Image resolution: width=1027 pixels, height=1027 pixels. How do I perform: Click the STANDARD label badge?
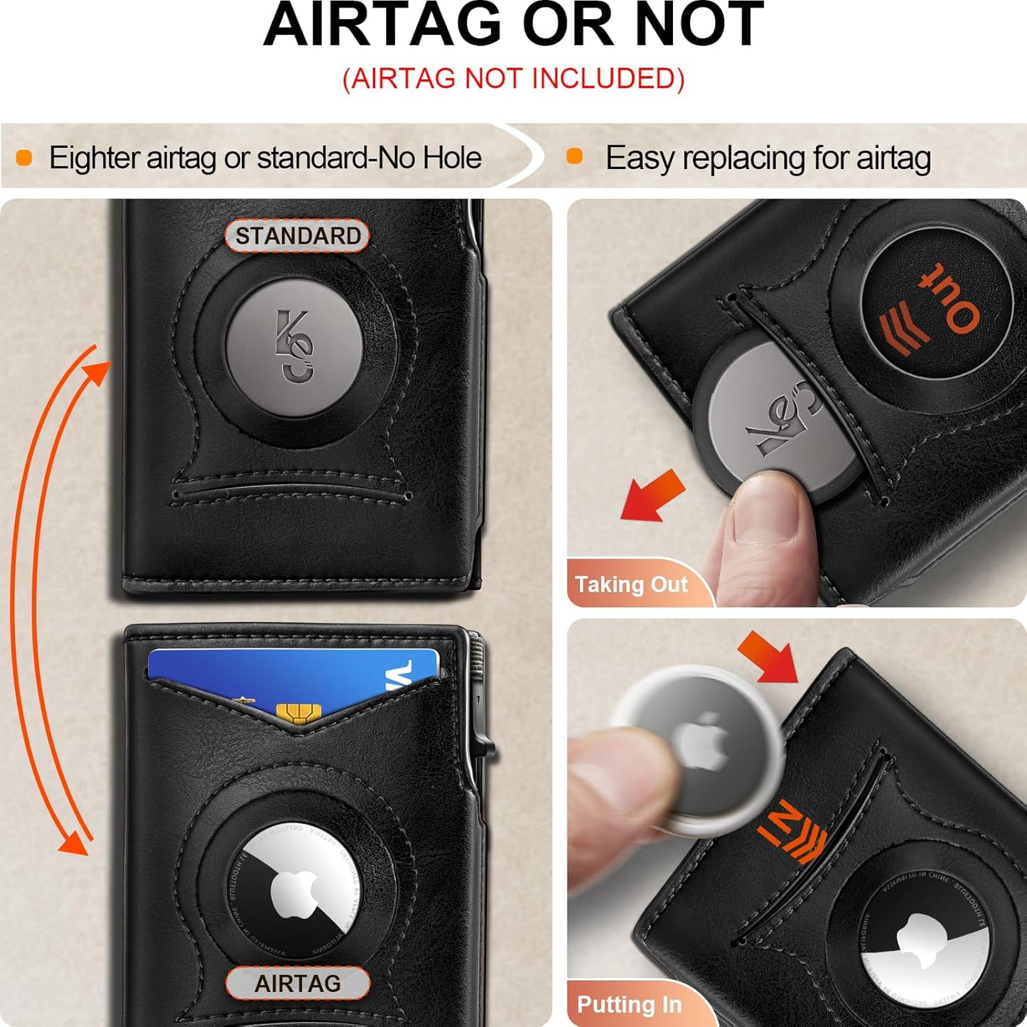[297, 236]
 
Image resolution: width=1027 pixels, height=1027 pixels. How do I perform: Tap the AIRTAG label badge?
[297, 984]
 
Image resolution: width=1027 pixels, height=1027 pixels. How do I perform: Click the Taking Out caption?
[631, 584]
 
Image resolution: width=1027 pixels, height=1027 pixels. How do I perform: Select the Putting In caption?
[629, 1004]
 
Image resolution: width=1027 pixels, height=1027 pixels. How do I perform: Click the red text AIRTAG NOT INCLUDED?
[513, 78]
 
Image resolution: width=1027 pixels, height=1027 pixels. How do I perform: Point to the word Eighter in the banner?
[94, 158]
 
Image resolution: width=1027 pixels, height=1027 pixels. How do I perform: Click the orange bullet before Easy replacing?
[574, 157]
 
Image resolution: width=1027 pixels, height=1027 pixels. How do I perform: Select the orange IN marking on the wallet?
[775, 821]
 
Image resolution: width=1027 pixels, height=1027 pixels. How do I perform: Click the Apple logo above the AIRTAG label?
[294, 892]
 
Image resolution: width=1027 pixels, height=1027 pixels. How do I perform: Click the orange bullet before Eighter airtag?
[24, 158]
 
